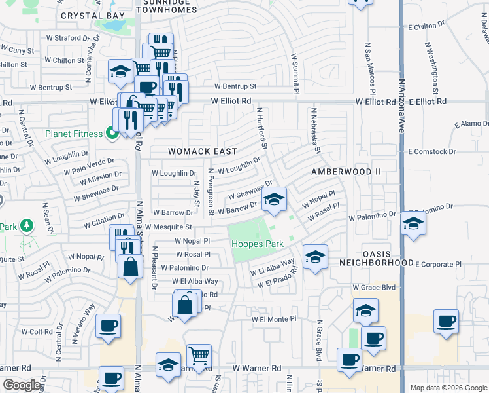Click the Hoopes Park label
pyautogui.click(x=258, y=244)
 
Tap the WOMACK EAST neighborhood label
pyautogui.click(x=202, y=151)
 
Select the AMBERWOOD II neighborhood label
pyautogui.click(x=345, y=172)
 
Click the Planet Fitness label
pyautogui.click(x=74, y=134)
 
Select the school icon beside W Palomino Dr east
pyautogui.click(x=413, y=225)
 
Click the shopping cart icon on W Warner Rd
pyautogui.click(x=199, y=356)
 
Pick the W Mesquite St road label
pyautogui.click(x=168, y=227)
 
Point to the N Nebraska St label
pyautogui.click(x=316, y=131)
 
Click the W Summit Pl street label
pyautogui.click(x=295, y=71)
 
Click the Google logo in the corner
pyautogui.click(x=22, y=385)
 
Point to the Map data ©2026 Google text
pyautogui.click(x=448, y=388)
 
